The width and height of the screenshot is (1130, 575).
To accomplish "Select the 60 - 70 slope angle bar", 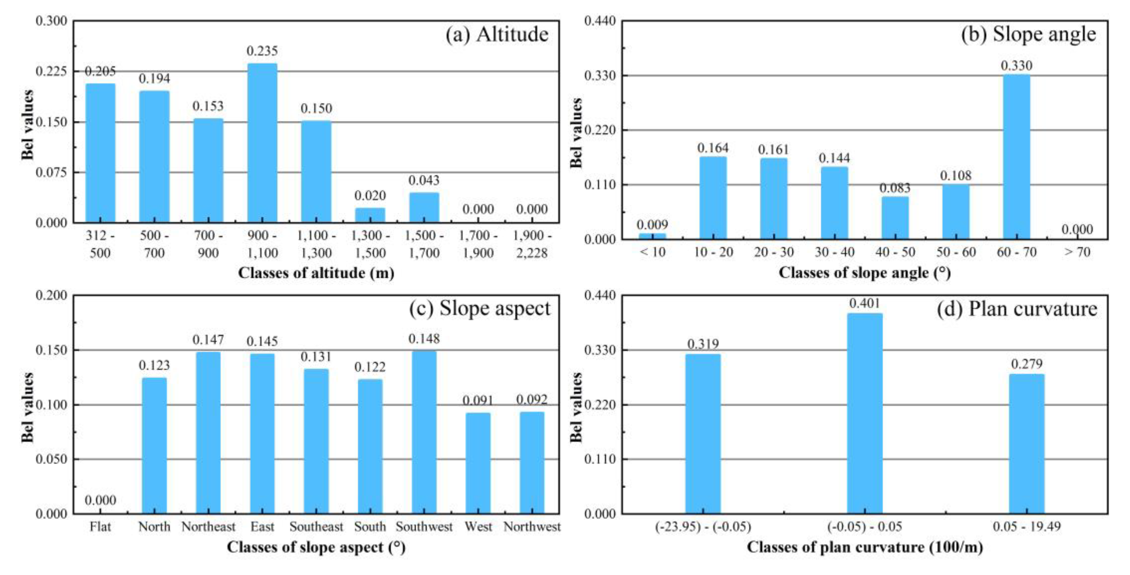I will click(1016, 157).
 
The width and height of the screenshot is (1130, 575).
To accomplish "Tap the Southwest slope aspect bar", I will click(424, 432).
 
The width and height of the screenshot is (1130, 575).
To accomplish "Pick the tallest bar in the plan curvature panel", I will click(865, 414).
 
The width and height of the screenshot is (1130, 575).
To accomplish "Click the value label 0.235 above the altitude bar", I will click(262, 51).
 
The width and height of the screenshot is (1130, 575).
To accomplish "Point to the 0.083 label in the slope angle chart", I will click(895, 188).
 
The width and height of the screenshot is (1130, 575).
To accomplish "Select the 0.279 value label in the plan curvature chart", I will click(1027, 364).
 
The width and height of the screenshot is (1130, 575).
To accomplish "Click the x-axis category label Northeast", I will click(208, 527).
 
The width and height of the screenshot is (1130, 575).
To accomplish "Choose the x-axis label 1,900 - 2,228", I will click(532, 244).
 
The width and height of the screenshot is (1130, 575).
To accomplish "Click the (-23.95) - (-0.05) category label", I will click(703, 527).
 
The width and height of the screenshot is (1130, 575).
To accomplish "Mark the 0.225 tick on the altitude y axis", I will click(52, 72).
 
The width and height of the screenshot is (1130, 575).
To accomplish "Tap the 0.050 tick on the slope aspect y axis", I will click(52, 459).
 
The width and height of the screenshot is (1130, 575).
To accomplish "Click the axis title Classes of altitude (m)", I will click(316, 273).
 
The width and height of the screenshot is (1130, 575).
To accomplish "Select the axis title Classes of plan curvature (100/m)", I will click(865, 547).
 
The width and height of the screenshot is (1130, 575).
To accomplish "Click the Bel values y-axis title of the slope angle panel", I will click(576, 133).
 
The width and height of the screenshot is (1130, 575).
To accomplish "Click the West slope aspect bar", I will click(478, 463).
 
